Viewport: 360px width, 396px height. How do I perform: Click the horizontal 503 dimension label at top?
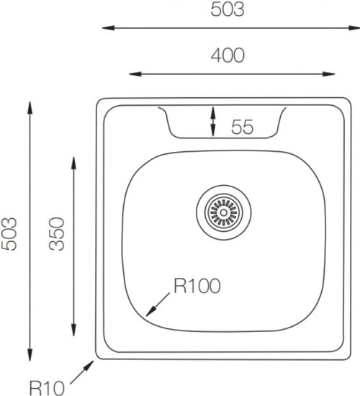(228, 9)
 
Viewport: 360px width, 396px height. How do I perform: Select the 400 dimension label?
(228, 55)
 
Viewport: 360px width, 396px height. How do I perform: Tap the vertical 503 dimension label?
(9, 234)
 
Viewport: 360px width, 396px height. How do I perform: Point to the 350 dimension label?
(57, 234)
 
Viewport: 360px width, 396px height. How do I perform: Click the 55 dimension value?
(242, 127)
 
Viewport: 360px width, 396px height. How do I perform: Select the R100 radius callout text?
(197, 286)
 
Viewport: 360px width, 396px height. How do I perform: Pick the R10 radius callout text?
(47, 388)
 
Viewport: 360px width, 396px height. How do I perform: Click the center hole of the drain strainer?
(224, 212)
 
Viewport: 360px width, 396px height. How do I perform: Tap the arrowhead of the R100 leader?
(150, 311)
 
